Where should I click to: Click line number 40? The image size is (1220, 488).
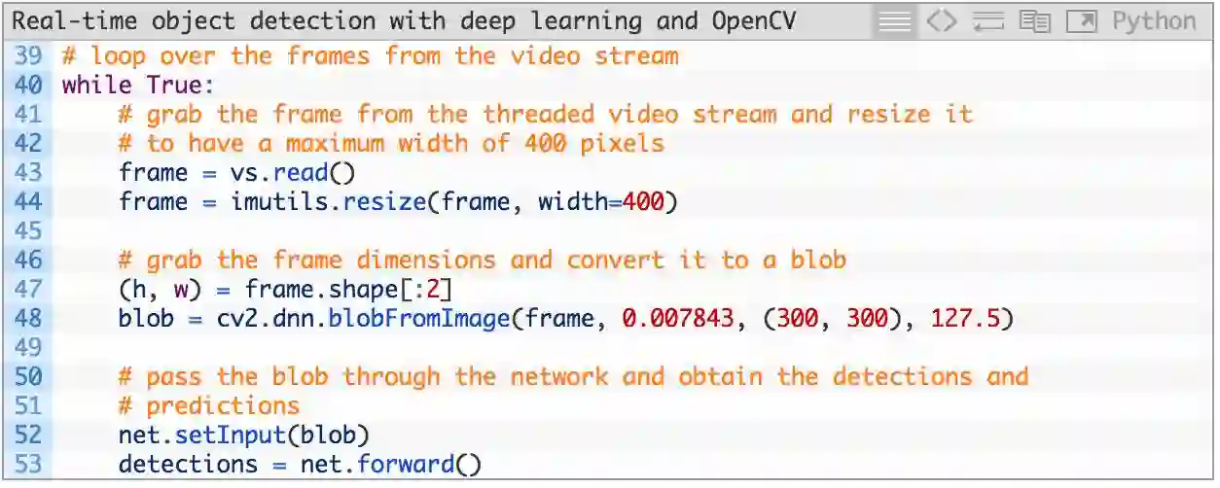click(x=27, y=85)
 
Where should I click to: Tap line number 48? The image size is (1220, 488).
click(x=27, y=318)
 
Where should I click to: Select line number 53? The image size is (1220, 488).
click(x=27, y=464)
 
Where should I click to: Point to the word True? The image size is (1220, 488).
click(x=173, y=85)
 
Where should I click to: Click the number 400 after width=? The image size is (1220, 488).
click(x=642, y=201)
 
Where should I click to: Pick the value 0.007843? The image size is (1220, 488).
click(x=677, y=318)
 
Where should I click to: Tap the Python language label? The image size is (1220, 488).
click(x=1154, y=20)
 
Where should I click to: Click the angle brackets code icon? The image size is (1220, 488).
click(x=941, y=20)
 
